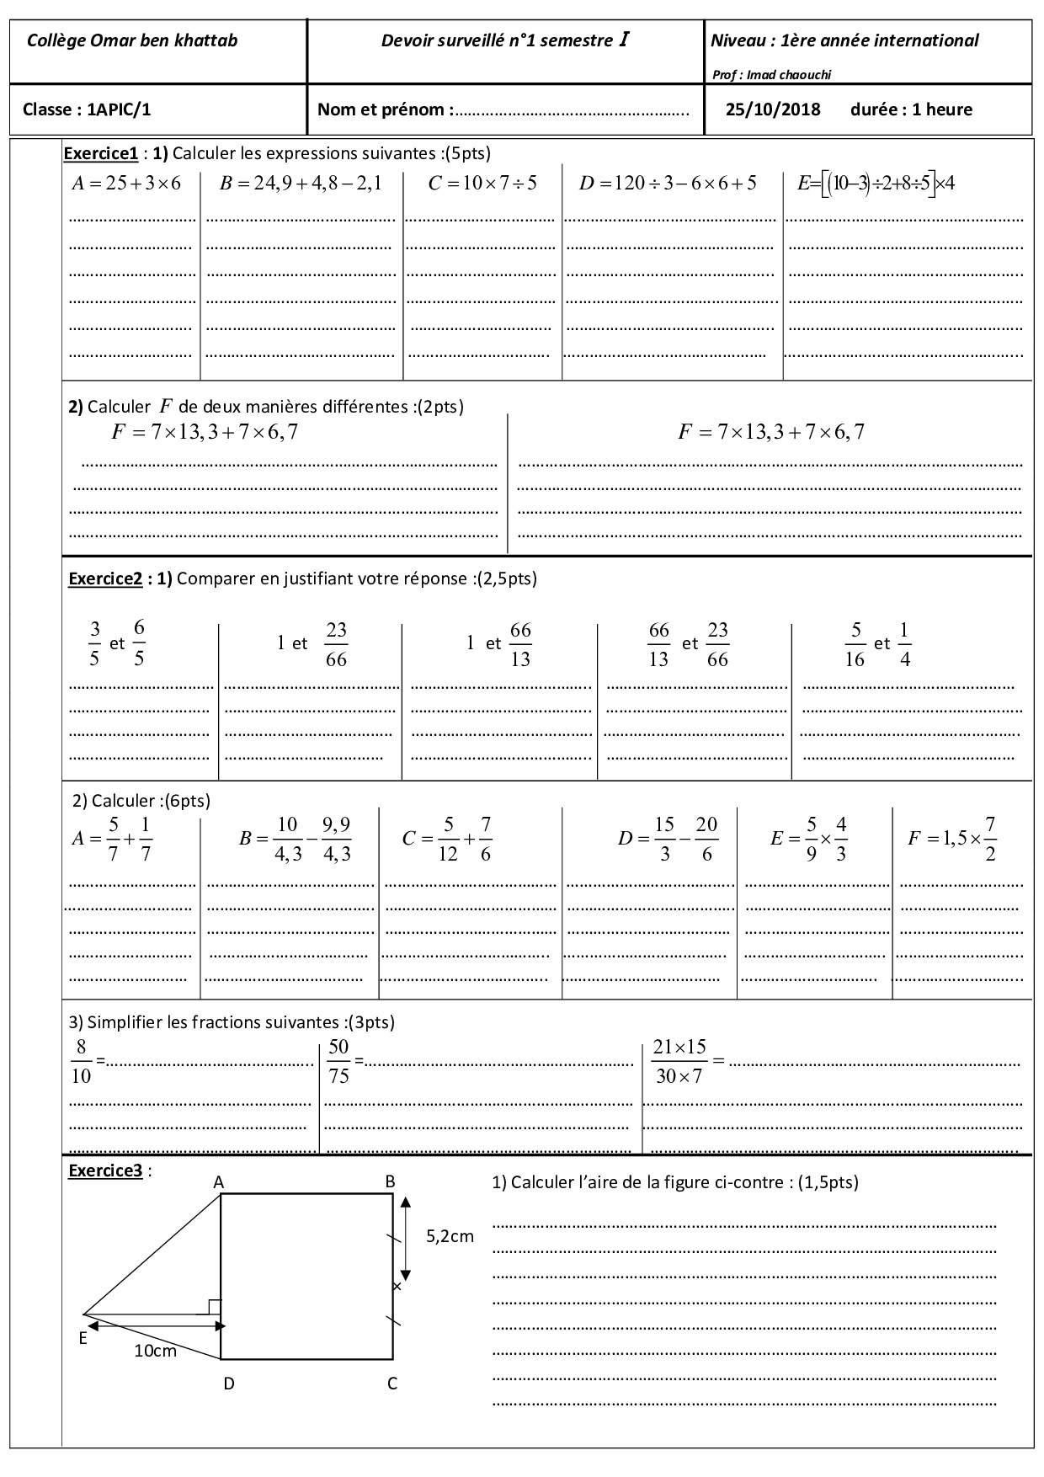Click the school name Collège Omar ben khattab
coord(132,40)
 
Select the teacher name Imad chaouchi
coord(771,75)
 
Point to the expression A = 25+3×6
coord(126,183)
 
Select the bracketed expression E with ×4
coord(876,183)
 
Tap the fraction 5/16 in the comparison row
coord(855,644)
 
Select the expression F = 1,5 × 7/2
coord(953,839)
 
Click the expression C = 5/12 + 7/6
coord(447,839)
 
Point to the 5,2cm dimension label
coord(450,1236)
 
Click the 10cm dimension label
coord(156,1351)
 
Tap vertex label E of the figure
coord(83,1338)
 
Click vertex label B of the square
coord(390,1181)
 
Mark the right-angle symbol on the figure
coord(214,1306)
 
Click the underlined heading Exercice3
coord(104,1170)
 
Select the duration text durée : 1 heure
coord(911,109)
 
